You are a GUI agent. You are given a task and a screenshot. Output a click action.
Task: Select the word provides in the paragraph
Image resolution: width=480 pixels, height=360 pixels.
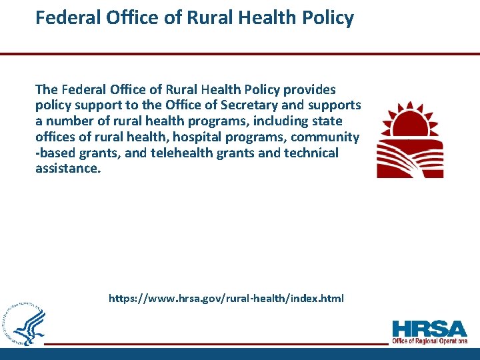[x=312, y=89]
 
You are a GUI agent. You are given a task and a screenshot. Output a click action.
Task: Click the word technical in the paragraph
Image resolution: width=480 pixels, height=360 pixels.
[x=313, y=153]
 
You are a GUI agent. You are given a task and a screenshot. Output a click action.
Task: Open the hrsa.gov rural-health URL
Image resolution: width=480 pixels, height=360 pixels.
[x=227, y=299]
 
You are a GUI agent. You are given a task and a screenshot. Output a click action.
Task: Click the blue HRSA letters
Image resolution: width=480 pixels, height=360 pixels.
[x=430, y=329]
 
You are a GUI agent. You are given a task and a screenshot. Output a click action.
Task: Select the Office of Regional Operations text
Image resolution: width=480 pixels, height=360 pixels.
[x=430, y=341]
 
